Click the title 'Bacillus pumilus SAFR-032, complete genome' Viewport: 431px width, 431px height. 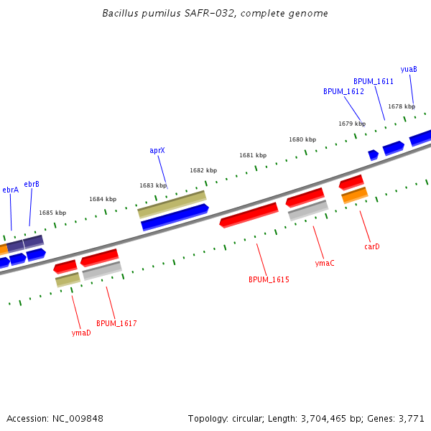pyautogui.click(x=215, y=13)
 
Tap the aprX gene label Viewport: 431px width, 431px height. pyautogui.click(x=157, y=151)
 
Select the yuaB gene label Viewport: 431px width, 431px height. pyautogui.click(x=409, y=69)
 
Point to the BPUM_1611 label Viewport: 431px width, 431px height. pyautogui.click(x=374, y=82)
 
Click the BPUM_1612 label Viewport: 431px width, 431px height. pyautogui.click(x=343, y=92)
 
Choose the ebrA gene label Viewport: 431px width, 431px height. pyautogui.click(x=10, y=190)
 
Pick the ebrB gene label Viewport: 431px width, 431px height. pyautogui.click(x=32, y=185)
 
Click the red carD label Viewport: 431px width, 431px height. pyautogui.click(x=371, y=246)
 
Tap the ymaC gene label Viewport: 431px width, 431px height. pyautogui.click(x=325, y=263)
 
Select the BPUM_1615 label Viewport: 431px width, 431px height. pyautogui.click(x=269, y=279)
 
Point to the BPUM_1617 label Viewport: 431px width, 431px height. pyautogui.click(x=116, y=323)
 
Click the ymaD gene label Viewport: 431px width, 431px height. pyautogui.click(x=81, y=333)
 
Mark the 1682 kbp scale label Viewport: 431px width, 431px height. pyautogui.click(x=203, y=170)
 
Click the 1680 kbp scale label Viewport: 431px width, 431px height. pyautogui.click(x=302, y=139)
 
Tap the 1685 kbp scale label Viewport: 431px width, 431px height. pyautogui.click(x=52, y=213)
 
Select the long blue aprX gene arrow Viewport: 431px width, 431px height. pyautogui.click(x=175, y=217)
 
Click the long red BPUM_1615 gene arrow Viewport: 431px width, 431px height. pyautogui.click(x=249, y=214)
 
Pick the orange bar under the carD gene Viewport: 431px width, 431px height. pyautogui.click(x=355, y=195)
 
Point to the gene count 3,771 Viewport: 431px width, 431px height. pyautogui.click(x=411, y=418)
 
